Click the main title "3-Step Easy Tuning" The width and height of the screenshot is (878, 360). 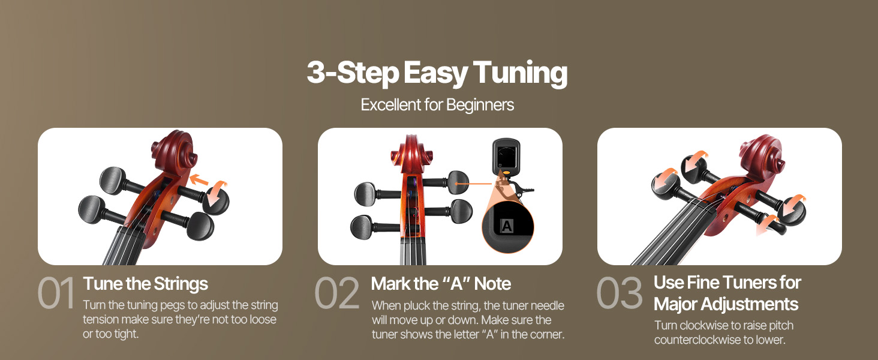(x=437, y=73)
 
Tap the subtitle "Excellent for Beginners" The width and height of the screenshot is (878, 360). (x=437, y=105)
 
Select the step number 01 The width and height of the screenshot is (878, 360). (x=56, y=293)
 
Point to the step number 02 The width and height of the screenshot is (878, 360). (x=337, y=293)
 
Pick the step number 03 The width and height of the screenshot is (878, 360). (x=620, y=293)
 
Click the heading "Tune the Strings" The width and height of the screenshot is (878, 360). (x=145, y=284)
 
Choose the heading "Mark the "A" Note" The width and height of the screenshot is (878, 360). (x=441, y=284)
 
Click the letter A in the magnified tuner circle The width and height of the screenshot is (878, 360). (x=507, y=226)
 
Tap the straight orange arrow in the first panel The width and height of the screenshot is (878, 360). (x=199, y=180)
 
